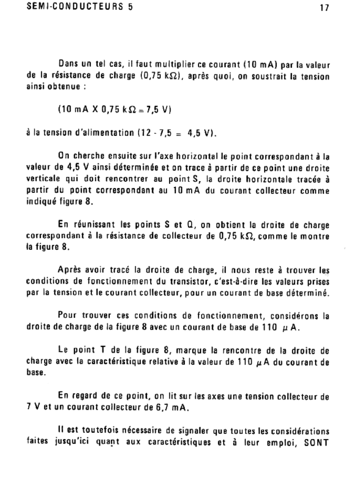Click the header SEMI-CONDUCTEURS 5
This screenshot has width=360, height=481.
[x=79, y=7]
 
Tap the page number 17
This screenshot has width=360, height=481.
[x=324, y=8]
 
